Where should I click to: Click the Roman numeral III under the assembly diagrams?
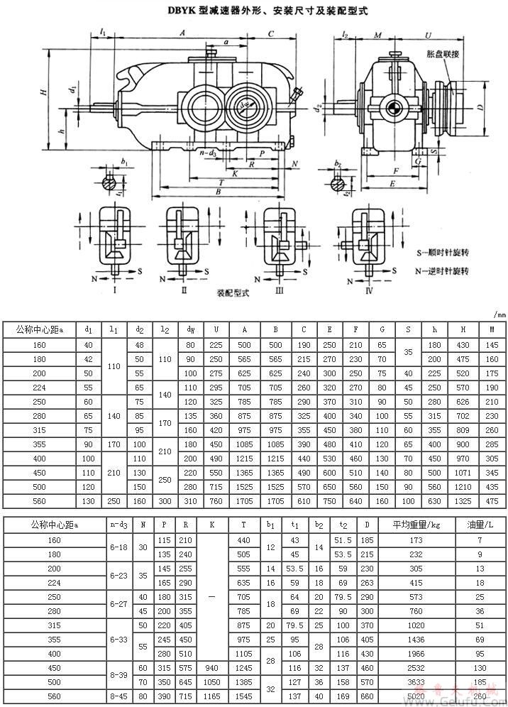pos(279,290)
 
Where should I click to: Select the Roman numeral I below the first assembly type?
pos(114,290)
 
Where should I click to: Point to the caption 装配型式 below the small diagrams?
pos(233,292)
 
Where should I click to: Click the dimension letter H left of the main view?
pos(43,92)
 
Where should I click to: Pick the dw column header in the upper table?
pos(190,329)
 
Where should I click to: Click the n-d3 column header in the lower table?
pos(118,525)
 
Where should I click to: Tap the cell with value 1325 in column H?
pos(463,501)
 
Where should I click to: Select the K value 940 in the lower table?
pos(210,667)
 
